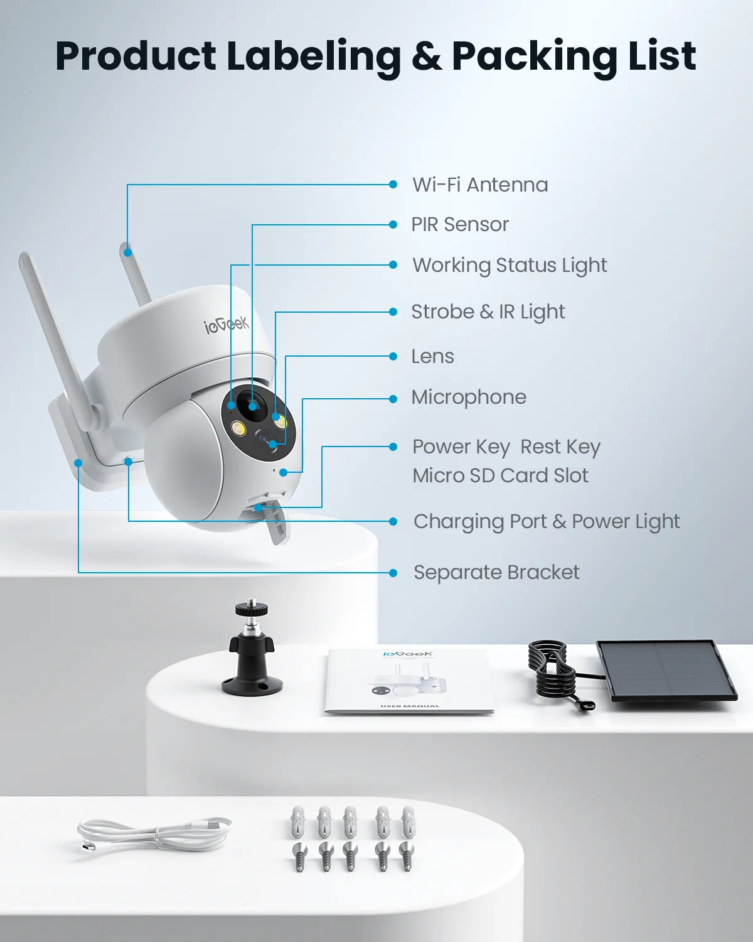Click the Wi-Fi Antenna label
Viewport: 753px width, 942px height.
pyautogui.click(x=480, y=185)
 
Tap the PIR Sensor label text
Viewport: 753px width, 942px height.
pyautogui.click(x=460, y=224)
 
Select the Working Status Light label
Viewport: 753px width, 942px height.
pyautogui.click(x=510, y=265)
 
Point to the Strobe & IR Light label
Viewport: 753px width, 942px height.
pyautogui.click(x=488, y=311)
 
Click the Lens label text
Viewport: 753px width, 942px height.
pyautogui.click(x=432, y=356)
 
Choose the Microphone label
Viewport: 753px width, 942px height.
pyautogui.click(x=469, y=397)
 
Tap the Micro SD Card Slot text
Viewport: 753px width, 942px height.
pyautogui.click(x=500, y=475)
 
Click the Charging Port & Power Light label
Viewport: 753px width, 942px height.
pyautogui.click(x=547, y=521)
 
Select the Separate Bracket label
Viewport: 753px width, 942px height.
pyautogui.click(x=496, y=572)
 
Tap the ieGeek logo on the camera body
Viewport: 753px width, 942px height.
pyautogui.click(x=227, y=325)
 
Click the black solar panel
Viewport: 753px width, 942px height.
pyautogui.click(x=666, y=670)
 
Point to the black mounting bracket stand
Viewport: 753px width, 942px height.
pyautogui.click(x=252, y=653)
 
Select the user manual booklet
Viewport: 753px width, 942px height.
pyautogui.click(x=409, y=682)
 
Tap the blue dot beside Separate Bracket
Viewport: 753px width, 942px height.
pyautogui.click(x=393, y=573)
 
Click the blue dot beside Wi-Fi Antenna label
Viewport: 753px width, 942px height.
pyautogui.click(x=393, y=185)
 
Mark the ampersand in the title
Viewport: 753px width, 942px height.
pyautogui.click(x=426, y=57)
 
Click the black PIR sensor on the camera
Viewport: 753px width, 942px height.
pyautogui.click(x=252, y=405)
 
